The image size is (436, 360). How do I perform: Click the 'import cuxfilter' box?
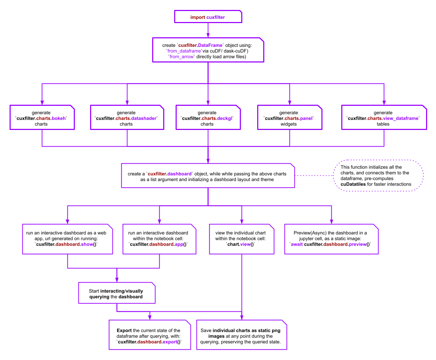pos(208,17)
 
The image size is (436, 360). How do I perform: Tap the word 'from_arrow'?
pos(182,57)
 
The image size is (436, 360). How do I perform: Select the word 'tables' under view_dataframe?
pos(383,124)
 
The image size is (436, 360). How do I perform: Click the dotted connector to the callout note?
pos(314,175)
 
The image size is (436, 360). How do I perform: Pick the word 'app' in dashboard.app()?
pos(179,244)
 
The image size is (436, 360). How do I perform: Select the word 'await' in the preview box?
pos(297,244)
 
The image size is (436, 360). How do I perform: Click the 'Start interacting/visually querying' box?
pos(116,294)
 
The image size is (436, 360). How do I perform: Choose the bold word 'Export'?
pos(124,331)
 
